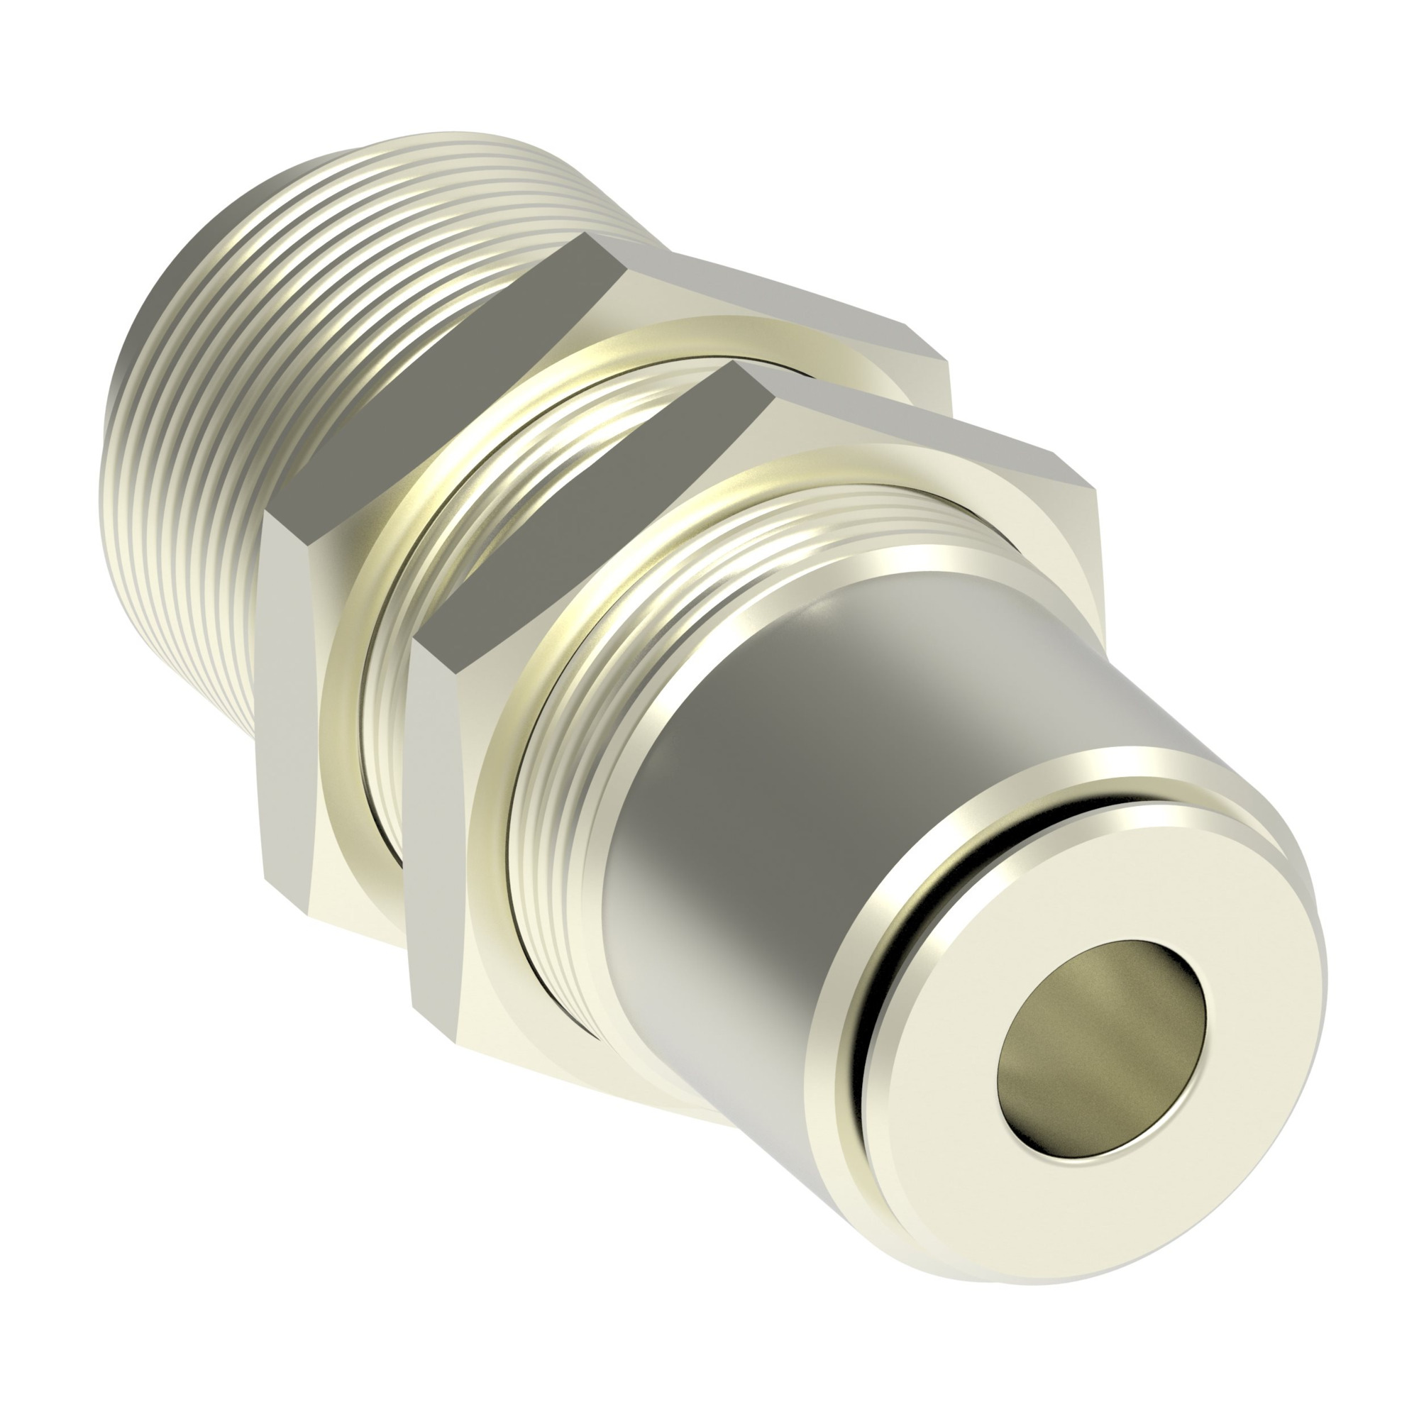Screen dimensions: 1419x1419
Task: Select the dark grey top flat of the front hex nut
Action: pyautogui.click(x=587, y=499)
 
